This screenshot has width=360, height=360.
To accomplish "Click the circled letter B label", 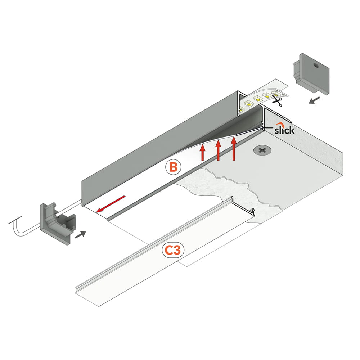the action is pyautogui.click(x=174, y=167).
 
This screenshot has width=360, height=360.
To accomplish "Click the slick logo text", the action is pyautogui.click(x=284, y=130).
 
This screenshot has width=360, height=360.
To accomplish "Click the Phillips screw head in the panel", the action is pyautogui.click(x=262, y=150).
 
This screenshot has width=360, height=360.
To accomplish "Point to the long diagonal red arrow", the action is pyautogui.click(x=111, y=204).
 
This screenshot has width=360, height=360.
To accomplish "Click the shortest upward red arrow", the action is pyautogui.click(x=202, y=152).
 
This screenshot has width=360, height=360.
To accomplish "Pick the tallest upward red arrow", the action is pyautogui.click(x=234, y=148).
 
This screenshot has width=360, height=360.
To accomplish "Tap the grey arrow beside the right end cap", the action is pyautogui.click(x=314, y=100).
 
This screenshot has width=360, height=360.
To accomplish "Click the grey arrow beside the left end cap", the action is pyautogui.click(x=80, y=235).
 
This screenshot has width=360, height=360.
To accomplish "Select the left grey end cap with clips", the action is pyautogui.click(x=57, y=223).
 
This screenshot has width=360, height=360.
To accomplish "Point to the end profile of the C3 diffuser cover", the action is pyautogui.click(x=243, y=206).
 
